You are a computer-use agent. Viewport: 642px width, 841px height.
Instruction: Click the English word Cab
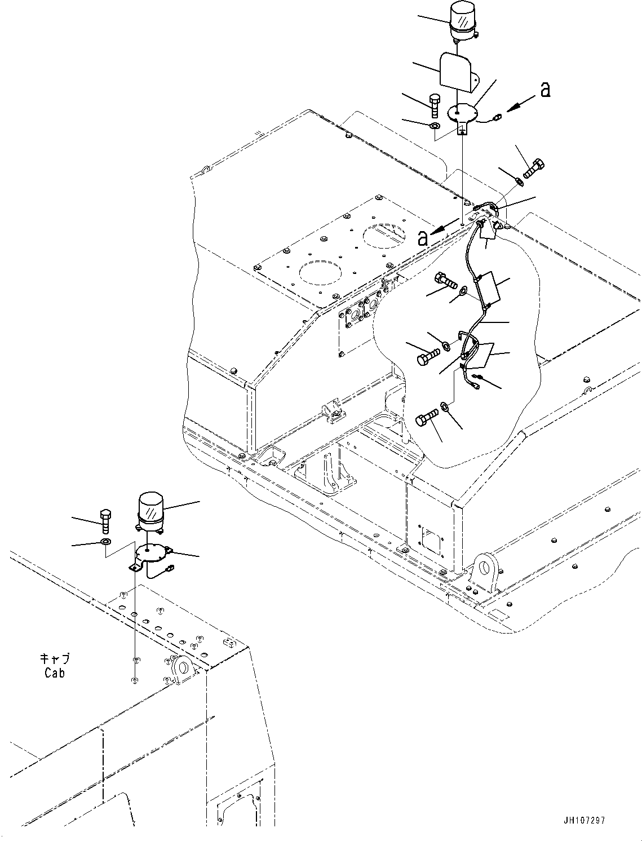click(55, 672)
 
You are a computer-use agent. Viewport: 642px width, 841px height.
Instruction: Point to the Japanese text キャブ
click(55, 659)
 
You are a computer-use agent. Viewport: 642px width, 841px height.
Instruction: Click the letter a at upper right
click(545, 90)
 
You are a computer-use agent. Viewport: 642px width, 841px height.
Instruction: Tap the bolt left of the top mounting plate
click(433, 104)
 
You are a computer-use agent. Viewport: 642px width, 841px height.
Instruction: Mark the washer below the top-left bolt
click(435, 125)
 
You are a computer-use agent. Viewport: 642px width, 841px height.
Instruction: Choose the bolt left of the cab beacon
click(105, 520)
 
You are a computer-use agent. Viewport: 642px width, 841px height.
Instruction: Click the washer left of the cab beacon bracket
click(105, 542)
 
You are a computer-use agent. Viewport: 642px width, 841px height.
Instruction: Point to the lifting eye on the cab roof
click(182, 669)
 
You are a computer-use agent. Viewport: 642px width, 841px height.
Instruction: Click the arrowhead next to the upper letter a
click(511, 109)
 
